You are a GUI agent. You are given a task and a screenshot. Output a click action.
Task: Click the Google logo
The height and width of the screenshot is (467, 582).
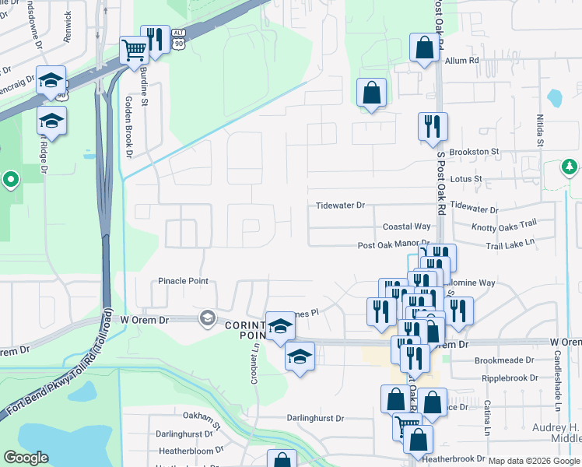pos(26,458)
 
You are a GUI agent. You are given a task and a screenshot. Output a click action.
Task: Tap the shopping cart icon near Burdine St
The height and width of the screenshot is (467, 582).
pos(135,51)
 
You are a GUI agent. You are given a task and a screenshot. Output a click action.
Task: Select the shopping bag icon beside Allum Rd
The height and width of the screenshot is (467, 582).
pos(424,49)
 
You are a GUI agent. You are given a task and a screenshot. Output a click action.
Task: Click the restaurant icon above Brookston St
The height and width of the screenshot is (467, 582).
pos(432,126)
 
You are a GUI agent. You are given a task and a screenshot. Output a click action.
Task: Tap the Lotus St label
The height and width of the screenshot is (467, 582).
pos(467,178)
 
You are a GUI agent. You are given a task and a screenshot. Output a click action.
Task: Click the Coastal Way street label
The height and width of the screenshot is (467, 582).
pos(406,226)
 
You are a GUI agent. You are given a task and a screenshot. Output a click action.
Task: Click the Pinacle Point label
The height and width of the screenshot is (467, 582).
pos(183,281)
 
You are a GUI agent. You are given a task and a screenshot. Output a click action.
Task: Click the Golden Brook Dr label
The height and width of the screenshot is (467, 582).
pos(130,127)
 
